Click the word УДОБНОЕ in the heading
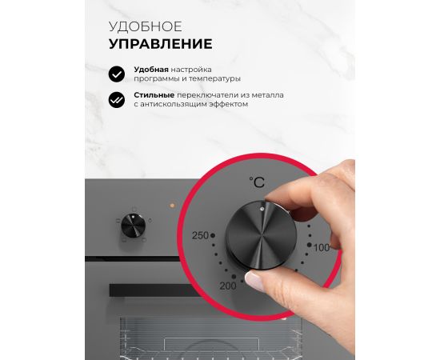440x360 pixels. pos(146,26)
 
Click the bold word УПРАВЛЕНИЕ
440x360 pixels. pos(161,44)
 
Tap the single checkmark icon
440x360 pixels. pos(117,74)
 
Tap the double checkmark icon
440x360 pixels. pos(117,100)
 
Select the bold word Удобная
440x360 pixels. pos(151,70)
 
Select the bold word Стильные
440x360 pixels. pos(154,95)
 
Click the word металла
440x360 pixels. pos(267,95)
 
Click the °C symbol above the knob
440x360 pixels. pos(257,182)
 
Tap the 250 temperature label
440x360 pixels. pos(200,235)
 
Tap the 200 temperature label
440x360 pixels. pos(228,286)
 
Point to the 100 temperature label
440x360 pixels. pos(322,248)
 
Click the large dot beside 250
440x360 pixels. pos(213,235)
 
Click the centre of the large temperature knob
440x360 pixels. pos(261,236)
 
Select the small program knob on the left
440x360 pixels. pos(134,226)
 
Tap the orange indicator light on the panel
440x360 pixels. pos(172,206)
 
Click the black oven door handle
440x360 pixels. pos(154,290)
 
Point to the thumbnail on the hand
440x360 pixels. pos(254,281)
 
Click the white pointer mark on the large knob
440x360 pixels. pos(262,209)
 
